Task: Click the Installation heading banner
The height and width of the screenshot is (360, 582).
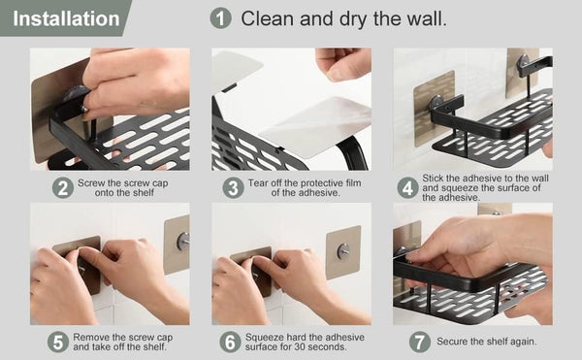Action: click(60, 18)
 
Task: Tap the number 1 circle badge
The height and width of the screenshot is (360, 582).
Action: click(221, 18)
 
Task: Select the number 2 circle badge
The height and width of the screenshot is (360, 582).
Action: click(63, 186)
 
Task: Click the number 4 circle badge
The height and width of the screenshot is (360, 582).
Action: click(407, 186)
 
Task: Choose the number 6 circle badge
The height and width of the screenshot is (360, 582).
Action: click(230, 342)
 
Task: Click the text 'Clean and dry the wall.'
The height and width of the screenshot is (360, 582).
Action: click(344, 18)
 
